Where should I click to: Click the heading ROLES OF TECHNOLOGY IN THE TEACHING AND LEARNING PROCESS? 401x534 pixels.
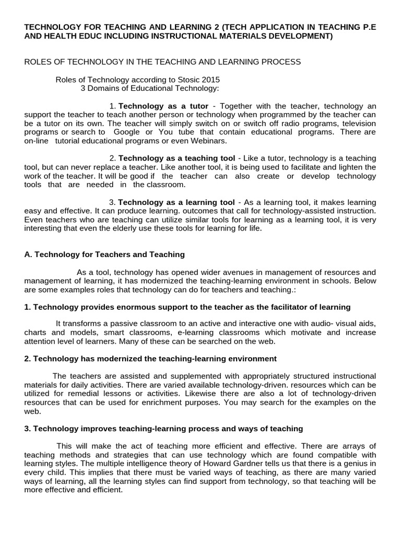pos(163,62)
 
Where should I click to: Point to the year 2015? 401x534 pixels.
pos(210,80)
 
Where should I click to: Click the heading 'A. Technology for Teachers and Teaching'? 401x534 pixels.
pos(104,254)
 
